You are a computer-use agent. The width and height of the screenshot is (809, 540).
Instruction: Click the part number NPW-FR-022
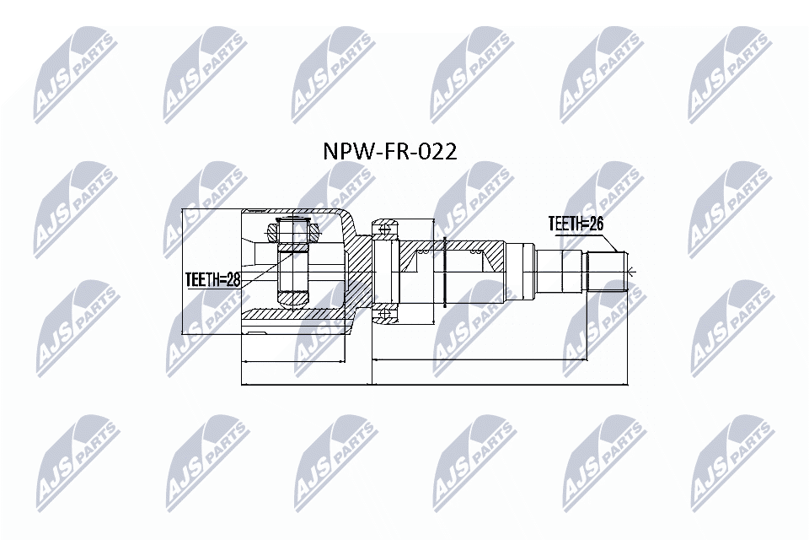390,152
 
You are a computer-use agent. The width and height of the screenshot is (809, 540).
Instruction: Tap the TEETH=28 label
213,280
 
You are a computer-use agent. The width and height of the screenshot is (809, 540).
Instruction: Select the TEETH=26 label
577,224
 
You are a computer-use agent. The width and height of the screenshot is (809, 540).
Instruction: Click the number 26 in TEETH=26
597,224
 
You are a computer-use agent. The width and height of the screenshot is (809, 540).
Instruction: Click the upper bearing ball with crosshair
385,228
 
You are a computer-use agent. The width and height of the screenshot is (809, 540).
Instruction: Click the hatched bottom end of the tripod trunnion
292,298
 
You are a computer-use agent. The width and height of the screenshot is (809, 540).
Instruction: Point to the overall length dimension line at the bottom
434,385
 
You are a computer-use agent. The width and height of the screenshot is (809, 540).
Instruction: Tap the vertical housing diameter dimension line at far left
183,270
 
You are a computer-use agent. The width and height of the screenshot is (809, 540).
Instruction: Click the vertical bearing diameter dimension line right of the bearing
433,270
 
